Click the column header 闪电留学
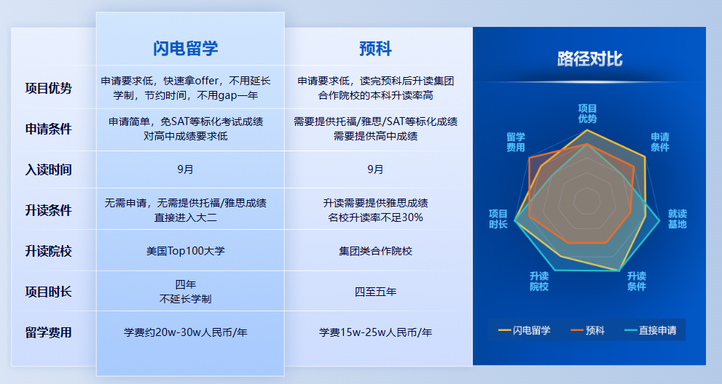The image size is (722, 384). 186,49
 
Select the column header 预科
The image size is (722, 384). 375,49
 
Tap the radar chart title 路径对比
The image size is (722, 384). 589,59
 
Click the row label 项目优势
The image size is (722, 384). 49,89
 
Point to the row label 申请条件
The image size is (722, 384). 49,129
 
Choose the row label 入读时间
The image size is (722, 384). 49,169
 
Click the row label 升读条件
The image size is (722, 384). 49,210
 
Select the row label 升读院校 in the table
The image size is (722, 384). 49,251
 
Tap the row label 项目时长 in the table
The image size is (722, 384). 49,292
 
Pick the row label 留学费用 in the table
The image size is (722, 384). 49,332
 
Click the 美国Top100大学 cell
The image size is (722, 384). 186,251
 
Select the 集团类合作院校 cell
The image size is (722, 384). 375,251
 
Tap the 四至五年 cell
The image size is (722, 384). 375,292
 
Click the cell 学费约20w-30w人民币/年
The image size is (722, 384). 186,332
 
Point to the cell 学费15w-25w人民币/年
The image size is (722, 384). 375,332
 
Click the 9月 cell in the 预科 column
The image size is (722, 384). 375,169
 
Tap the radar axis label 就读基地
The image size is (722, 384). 677,219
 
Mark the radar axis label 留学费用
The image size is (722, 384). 516,142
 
